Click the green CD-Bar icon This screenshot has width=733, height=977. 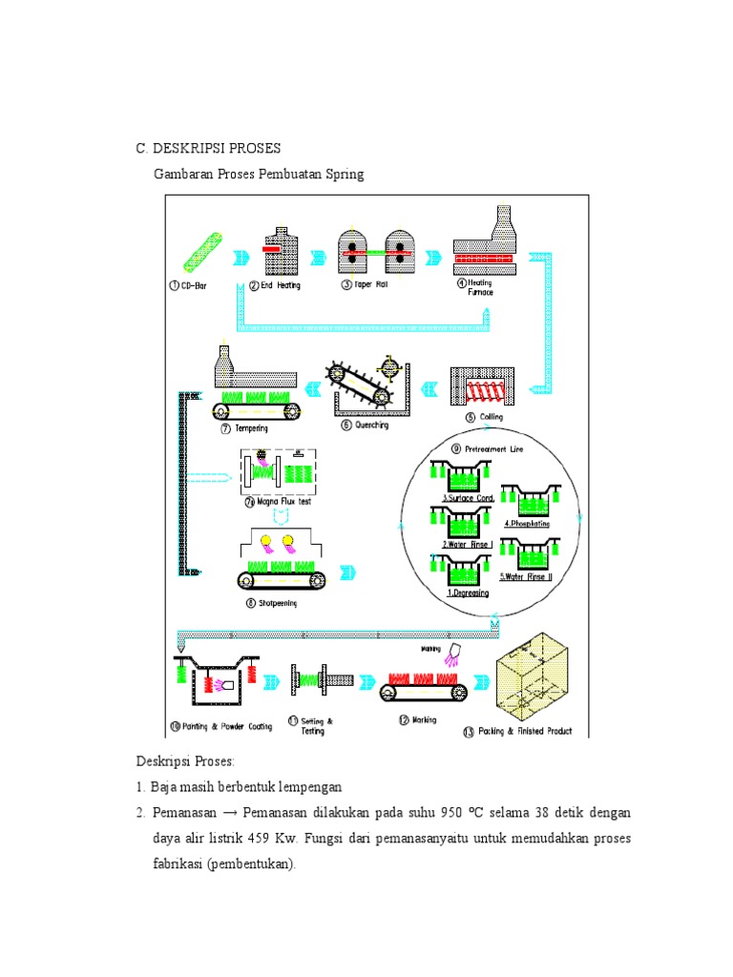[201, 252]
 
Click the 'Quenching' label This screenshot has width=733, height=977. [370, 426]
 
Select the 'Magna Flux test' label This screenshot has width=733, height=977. [279, 501]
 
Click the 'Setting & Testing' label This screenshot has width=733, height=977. [317, 726]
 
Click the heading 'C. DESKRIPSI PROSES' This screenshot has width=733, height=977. [208, 149]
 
